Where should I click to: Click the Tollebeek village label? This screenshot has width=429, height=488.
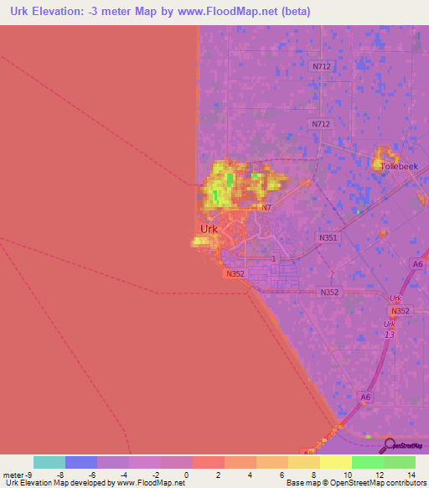398,166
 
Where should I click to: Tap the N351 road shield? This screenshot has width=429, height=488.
328,238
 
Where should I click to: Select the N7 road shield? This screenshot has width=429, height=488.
266,207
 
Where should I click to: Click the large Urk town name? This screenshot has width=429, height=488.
210,229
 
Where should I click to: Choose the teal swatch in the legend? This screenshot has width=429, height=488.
49,462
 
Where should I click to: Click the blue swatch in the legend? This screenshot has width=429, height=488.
81,462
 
